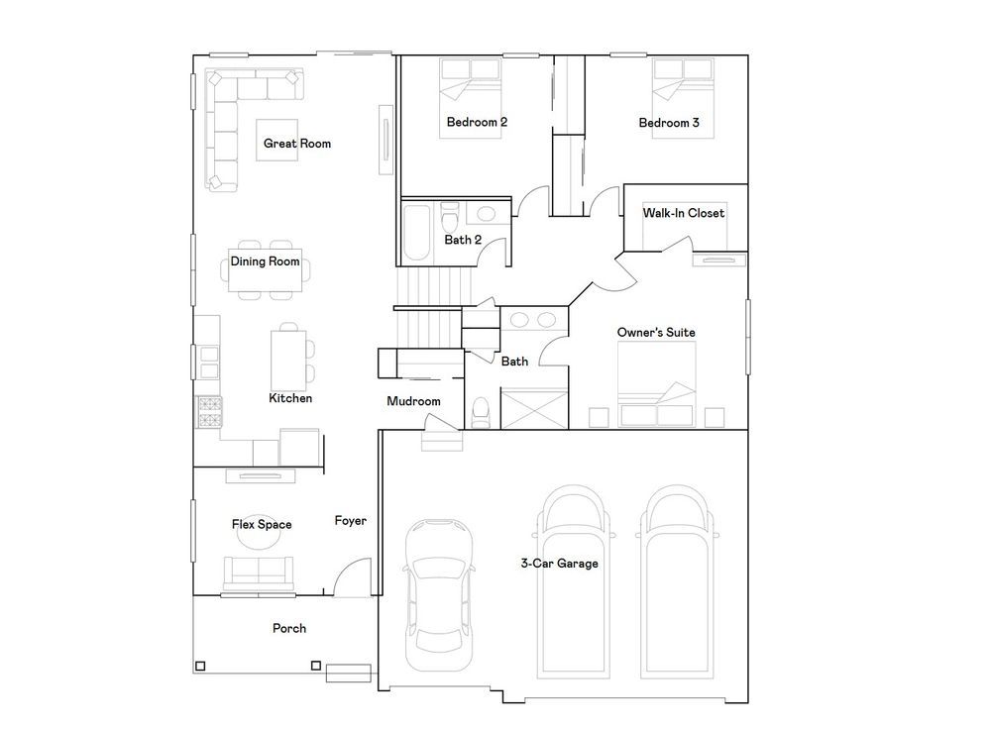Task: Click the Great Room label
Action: coord(297,144)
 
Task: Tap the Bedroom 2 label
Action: coord(477,122)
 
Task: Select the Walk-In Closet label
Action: coord(683,213)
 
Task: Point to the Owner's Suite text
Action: coord(656,332)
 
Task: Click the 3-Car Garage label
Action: coord(559,564)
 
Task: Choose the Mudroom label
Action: coord(413,401)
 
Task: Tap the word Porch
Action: coord(289,629)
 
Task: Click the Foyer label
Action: coord(350,521)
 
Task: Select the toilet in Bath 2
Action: coord(450,218)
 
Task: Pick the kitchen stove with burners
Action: coord(209,412)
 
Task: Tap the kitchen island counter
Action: coord(288,361)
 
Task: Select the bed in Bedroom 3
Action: coord(683,98)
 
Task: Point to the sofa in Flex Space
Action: coord(259,572)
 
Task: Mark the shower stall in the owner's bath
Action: coord(534,410)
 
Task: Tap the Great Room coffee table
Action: coord(276,140)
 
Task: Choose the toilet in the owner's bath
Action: coord(481,412)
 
